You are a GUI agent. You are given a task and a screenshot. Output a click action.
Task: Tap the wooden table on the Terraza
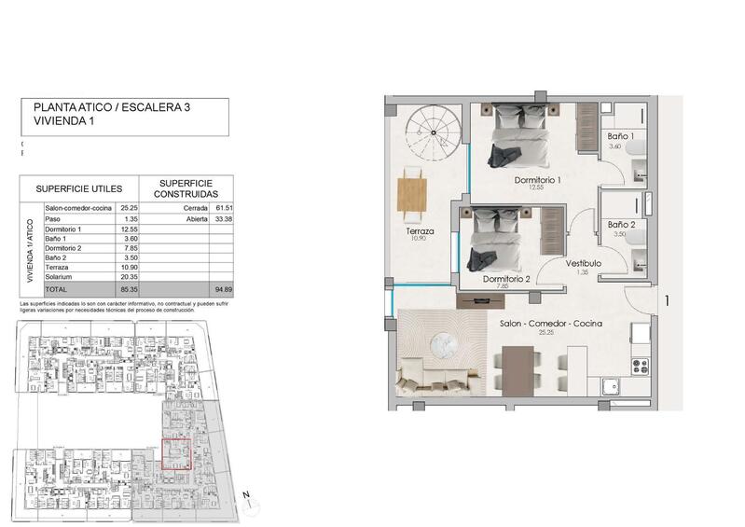pos(411,193)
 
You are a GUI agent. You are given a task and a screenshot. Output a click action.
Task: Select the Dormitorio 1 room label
pos(537,179)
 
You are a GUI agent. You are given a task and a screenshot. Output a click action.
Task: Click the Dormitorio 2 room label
pos(506,278)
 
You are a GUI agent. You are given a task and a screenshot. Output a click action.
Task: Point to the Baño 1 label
pos(620,137)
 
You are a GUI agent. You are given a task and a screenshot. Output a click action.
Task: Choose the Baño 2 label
pos(622,225)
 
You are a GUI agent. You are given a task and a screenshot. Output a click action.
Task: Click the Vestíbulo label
pos(583,264)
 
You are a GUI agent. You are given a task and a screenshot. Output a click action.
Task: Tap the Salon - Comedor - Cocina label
pos(550,323)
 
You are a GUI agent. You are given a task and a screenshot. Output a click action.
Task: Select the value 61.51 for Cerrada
pos(222,208)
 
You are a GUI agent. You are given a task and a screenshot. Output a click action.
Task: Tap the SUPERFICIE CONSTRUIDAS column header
pos(186,188)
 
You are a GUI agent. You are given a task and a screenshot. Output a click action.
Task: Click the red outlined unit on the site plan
pos(175,454)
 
